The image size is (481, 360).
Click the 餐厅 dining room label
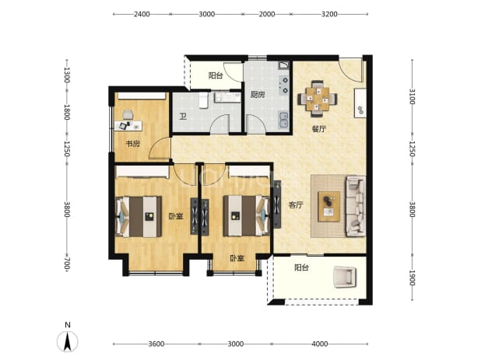tap(319, 129)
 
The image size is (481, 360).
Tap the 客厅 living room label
tap(296, 205)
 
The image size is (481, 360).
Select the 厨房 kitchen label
tap(258, 95)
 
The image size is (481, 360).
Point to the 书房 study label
tap(133, 143)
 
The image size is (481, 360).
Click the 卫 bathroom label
tap(183, 117)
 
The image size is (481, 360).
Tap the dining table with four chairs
tap(318, 99)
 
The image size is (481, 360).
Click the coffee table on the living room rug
tap(329, 207)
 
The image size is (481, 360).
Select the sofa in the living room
tap(356, 206)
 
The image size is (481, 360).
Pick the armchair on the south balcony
tap(345, 277)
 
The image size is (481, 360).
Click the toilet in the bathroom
tap(203, 100)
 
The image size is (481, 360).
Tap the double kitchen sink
tap(283, 120)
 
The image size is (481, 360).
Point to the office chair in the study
tap(128, 114)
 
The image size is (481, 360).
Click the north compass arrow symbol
tap(68, 341)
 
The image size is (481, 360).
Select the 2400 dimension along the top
tap(142, 14)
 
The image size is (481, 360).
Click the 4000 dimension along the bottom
tap(320, 344)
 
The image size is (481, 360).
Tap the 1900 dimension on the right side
tap(412, 278)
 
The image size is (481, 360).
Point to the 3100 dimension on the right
tap(412, 96)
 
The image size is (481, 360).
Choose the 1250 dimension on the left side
tap(67, 149)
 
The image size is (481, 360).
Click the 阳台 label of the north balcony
tap(216, 75)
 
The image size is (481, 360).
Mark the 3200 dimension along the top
tap(329, 14)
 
